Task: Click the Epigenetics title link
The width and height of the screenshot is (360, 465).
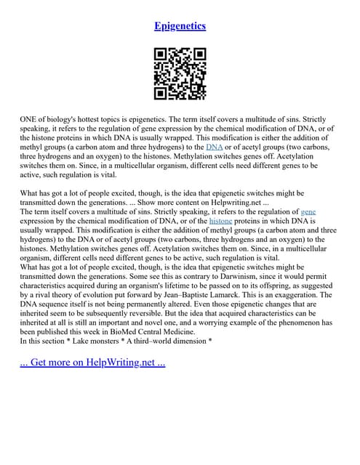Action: pyautogui.click(x=180, y=26)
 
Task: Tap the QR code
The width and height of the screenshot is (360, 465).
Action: pyautogui.click(x=180, y=73)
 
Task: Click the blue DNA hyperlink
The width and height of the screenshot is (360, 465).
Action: pyautogui.click(x=215, y=147)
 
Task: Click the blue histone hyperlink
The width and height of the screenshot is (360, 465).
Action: pyautogui.click(x=221, y=219)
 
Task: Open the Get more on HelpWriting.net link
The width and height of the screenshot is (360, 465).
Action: pyautogui.click(x=92, y=362)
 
